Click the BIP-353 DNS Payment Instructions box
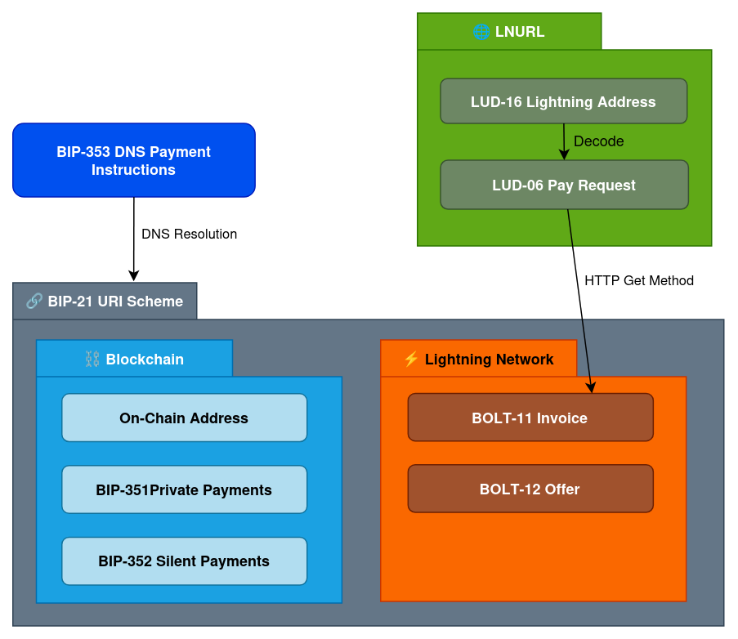tap(134, 160)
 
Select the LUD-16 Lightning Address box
tap(563, 101)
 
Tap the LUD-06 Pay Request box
tap(564, 185)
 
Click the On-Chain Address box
tap(184, 418)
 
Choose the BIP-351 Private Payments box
tap(184, 489)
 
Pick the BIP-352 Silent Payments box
tap(184, 561)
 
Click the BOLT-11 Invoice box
tap(530, 418)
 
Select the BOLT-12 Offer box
tap(530, 489)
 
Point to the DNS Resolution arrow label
tap(189, 234)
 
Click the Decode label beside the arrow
tap(598, 141)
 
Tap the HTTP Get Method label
tap(638, 280)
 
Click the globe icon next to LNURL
tap(481, 32)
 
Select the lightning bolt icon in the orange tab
tap(411, 359)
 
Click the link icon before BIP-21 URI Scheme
tap(34, 301)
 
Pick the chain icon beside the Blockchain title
tap(92, 359)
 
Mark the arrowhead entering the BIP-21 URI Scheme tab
tap(134, 276)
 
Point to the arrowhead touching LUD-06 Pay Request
tap(563, 154)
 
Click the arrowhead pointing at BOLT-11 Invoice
tap(592, 387)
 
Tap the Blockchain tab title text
tap(145, 359)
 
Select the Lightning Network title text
tap(489, 359)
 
